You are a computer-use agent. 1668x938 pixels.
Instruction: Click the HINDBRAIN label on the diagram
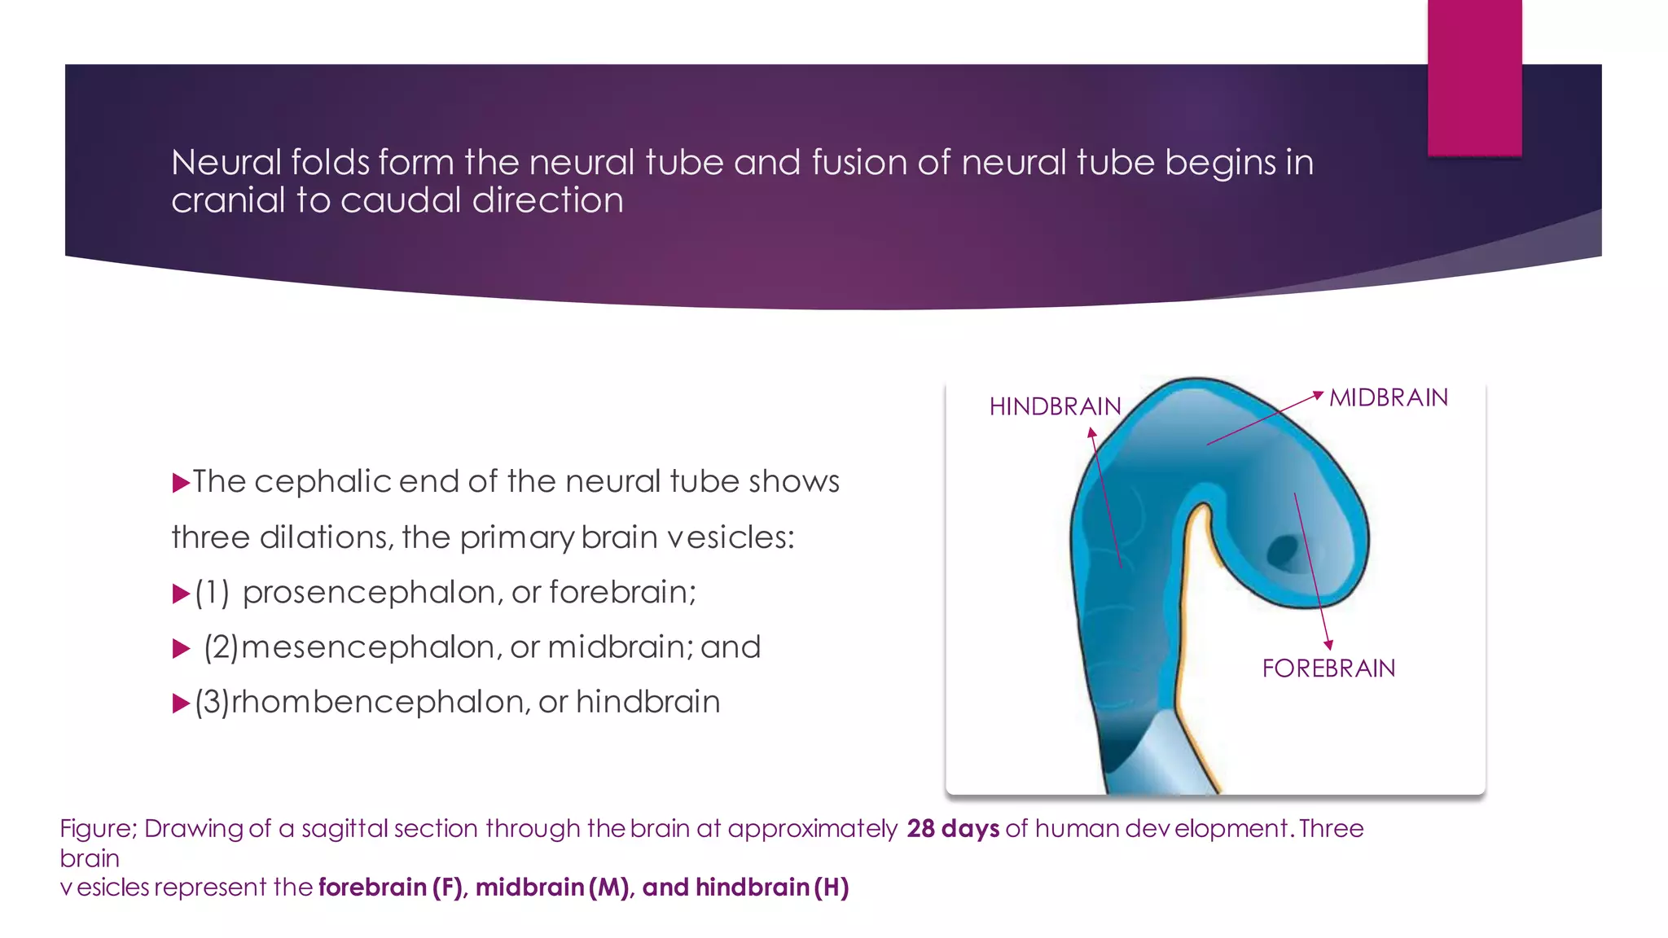point(1055,406)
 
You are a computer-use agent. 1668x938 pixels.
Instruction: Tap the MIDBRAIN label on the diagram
point(1389,397)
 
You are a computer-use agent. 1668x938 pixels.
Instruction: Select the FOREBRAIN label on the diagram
point(1328,668)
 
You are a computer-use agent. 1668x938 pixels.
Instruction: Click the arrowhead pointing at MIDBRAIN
point(1318,396)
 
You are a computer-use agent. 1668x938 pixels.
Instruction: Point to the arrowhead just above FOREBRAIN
point(1328,644)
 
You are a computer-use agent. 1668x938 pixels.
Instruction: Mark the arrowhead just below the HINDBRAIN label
point(1092,434)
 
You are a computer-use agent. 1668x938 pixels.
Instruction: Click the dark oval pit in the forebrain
point(1284,551)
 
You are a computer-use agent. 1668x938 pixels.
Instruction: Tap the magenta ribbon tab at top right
point(1474,77)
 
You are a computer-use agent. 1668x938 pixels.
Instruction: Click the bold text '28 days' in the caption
point(953,828)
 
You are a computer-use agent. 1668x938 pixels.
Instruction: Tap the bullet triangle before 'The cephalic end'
point(181,484)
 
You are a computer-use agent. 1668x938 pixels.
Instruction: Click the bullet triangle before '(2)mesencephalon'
point(181,649)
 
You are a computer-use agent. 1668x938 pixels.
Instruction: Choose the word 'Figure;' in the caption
point(98,828)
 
